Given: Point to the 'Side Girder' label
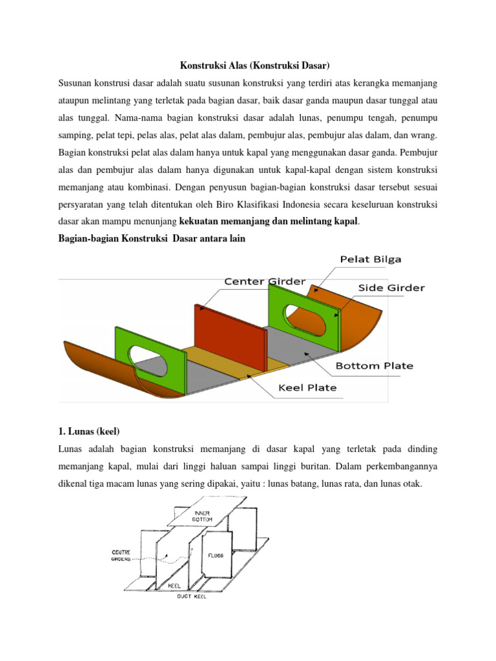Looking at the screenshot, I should point(391,288).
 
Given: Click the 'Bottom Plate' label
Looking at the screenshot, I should point(373,365).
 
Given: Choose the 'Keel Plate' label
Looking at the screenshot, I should point(307,388).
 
